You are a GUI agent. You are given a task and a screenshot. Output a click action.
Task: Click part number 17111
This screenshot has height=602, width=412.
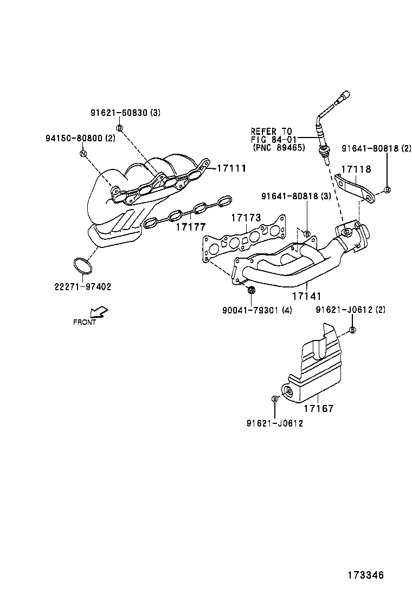pos(231,169)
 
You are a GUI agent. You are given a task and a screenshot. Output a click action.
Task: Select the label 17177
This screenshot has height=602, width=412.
pos(190,226)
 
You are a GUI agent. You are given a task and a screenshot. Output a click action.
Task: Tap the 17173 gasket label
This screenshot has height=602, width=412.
pos(246,218)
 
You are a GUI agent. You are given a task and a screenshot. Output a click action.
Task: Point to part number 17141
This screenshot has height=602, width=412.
pos(307,296)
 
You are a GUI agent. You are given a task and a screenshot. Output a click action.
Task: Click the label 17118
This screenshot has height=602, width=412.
pos(356,169)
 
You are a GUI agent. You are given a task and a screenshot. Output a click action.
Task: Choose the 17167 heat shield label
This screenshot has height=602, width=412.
pos(319,409)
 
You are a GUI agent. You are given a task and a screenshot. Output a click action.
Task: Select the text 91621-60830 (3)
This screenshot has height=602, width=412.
pos(125,113)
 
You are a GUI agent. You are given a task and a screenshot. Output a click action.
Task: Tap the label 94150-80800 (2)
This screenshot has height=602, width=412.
pos(80,138)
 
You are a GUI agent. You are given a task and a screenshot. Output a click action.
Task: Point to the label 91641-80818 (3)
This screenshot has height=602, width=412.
pos(296,196)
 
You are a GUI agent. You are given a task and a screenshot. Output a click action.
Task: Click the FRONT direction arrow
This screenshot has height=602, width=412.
pos(99,312)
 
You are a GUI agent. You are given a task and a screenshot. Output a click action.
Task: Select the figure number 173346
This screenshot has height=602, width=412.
pos(365,575)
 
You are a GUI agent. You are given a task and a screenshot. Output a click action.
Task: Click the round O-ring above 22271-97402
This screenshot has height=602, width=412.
pos(82,266)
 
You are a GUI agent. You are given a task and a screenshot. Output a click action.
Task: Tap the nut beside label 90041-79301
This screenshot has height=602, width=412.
pos(251,291)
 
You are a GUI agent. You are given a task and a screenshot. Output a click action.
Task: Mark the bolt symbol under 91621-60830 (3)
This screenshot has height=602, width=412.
pos(120,128)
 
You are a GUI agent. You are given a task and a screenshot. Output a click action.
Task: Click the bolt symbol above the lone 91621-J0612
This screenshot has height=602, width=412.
pos(274,399)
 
